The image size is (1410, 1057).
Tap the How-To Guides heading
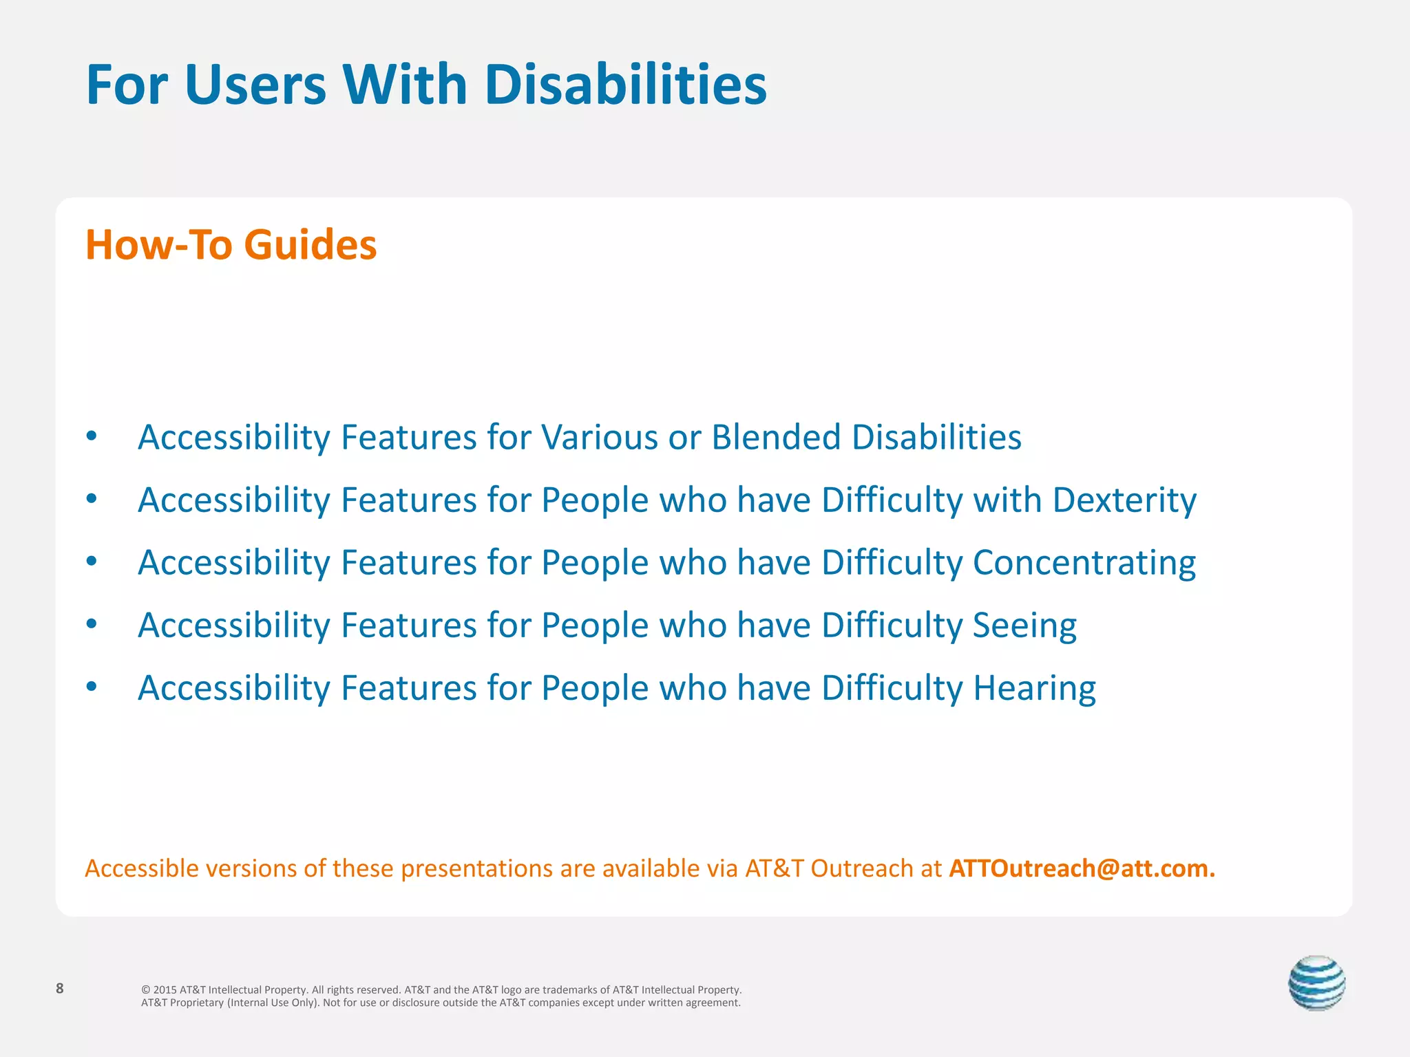click(x=231, y=244)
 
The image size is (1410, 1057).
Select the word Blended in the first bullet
click(x=776, y=437)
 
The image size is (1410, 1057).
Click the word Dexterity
click(x=1124, y=500)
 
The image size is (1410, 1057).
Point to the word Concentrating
click(x=1084, y=563)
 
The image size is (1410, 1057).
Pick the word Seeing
click(x=1024, y=626)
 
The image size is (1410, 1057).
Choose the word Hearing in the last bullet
click(x=1034, y=688)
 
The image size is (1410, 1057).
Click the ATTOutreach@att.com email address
click(x=1082, y=868)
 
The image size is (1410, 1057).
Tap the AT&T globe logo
click(x=1316, y=983)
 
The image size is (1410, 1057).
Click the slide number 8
click(x=60, y=989)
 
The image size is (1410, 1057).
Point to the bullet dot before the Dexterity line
click(x=92, y=498)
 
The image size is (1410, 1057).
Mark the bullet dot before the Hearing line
click(x=92, y=686)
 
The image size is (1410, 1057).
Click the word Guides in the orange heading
click(x=311, y=244)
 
